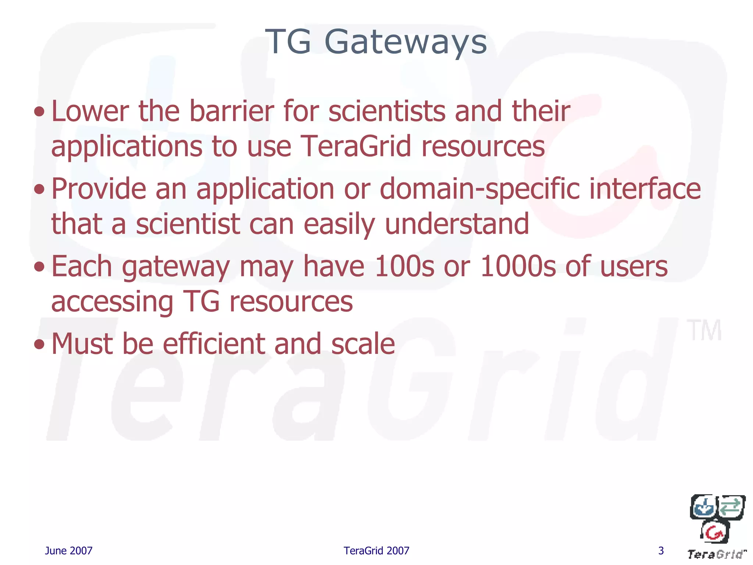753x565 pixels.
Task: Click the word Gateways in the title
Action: [x=406, y=42]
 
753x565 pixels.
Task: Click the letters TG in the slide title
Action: [x=289, y=42]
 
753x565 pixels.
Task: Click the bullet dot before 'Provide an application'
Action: [x=39, y=189]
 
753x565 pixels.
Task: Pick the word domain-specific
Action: [x=479, y=189]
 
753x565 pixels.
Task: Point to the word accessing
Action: [x=112, y=302]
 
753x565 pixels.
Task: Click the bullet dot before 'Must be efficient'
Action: [x=39, y=344]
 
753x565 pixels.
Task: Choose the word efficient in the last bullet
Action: [x=213, y=344]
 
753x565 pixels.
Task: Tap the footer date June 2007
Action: [x=68, y=551]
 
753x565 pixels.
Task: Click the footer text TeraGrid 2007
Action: [x=376, y=551]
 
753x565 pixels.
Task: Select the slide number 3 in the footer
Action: [x=661, y=551]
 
